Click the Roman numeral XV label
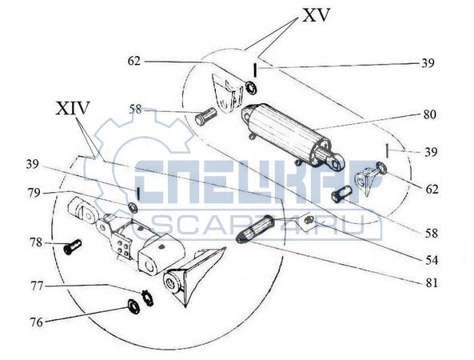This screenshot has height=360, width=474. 315,15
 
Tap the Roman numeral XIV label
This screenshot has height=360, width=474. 73,108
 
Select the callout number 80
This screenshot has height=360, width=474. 429,114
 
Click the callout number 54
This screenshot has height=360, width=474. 432,260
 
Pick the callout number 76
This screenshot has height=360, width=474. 36,322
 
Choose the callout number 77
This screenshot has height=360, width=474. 37,286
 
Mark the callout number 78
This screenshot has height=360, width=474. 36,242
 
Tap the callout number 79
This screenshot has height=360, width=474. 34,193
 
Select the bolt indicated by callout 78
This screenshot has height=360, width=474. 73,246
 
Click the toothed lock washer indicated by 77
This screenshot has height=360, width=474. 148,298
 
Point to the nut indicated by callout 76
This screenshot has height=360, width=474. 133,306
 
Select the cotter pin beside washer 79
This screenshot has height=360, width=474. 137,194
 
